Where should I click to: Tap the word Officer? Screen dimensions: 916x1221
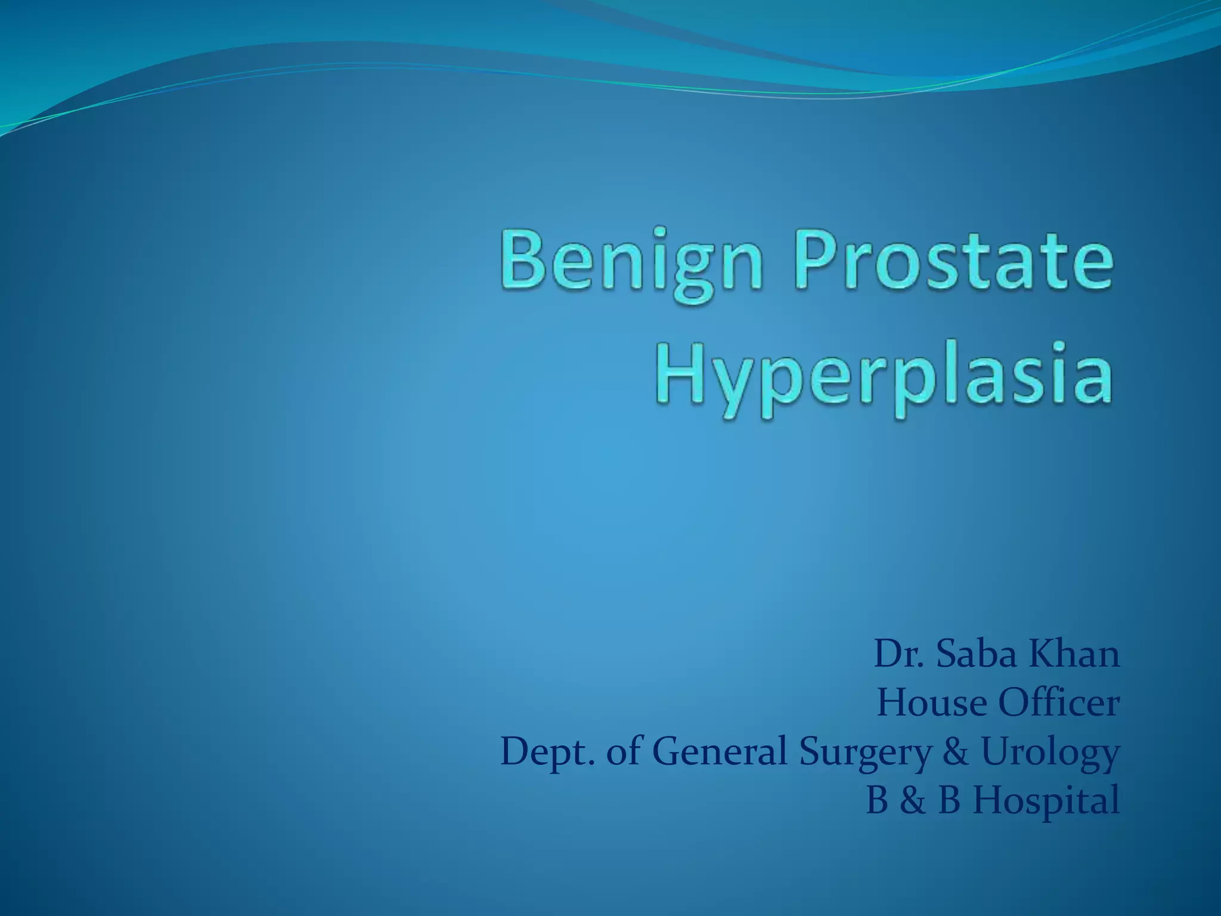(x=1059, y=703)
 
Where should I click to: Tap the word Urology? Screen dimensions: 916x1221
(x=1049, y=753)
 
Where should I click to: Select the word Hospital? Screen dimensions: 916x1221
(x=1046, y=801)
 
